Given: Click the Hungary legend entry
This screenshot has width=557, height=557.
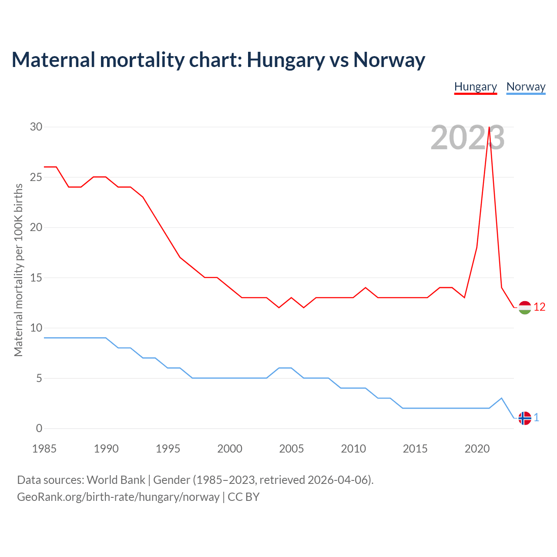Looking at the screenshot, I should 475,87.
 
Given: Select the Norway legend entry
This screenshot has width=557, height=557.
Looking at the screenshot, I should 526,87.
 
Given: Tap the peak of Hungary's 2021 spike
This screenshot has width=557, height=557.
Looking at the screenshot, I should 490,128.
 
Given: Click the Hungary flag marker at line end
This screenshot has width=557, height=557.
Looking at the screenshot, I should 525,308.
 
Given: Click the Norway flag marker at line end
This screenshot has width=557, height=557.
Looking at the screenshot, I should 525,418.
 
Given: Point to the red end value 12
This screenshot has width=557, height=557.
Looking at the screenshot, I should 539,307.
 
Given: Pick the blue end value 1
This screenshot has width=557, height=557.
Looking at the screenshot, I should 536,418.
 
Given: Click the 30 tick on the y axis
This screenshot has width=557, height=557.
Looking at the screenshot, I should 36,127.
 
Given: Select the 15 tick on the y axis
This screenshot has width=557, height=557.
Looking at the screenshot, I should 36,278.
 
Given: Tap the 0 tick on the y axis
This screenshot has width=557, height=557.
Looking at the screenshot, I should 39,429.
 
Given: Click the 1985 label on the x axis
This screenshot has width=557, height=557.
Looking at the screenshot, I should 44,449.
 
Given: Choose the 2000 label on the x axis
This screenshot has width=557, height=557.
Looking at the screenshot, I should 230,449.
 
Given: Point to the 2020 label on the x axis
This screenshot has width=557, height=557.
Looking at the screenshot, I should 477,449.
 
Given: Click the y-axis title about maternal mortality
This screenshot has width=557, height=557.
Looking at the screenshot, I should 18,270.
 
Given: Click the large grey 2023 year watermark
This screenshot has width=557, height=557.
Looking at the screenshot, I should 467,138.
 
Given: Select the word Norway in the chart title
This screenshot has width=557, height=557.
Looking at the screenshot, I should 389,60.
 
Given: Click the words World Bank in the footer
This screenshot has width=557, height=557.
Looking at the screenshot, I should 116,480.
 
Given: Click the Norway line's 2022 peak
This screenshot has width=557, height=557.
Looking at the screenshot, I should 502,398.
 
